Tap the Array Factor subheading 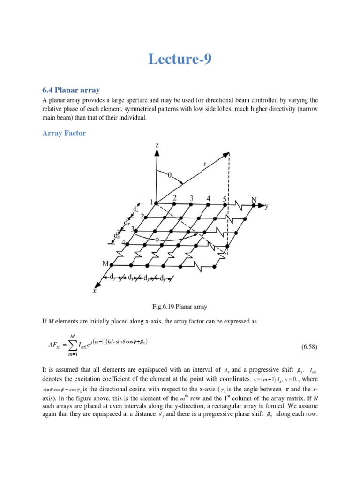coord(64,134)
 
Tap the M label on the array coord(106,264)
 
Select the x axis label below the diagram coord(94,291)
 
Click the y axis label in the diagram coord(267,206)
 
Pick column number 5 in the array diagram coord(224,199)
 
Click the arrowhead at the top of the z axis coord(155,154)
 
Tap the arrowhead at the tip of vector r coord(228,154)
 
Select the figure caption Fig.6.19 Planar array coord(180,307)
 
